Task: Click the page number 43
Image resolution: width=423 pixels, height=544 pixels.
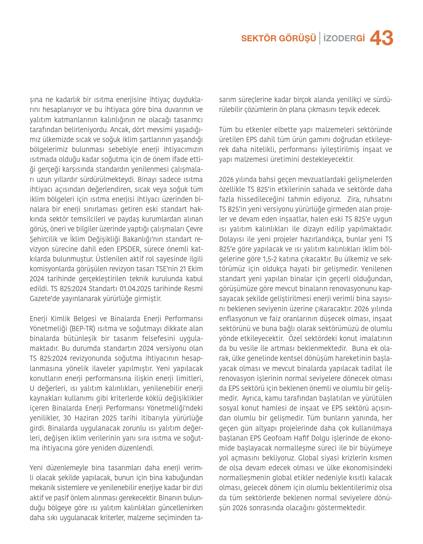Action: coord(381,38)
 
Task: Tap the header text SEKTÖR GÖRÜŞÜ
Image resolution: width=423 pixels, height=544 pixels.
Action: coord(278,38)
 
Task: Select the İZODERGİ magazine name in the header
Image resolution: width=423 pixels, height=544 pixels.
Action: coord(344,38)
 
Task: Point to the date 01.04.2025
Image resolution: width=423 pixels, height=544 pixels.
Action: coord(135,289)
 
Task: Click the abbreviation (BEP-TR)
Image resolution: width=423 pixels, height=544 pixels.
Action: coord(82,329)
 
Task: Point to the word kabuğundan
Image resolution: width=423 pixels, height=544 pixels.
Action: coord(183,478)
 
